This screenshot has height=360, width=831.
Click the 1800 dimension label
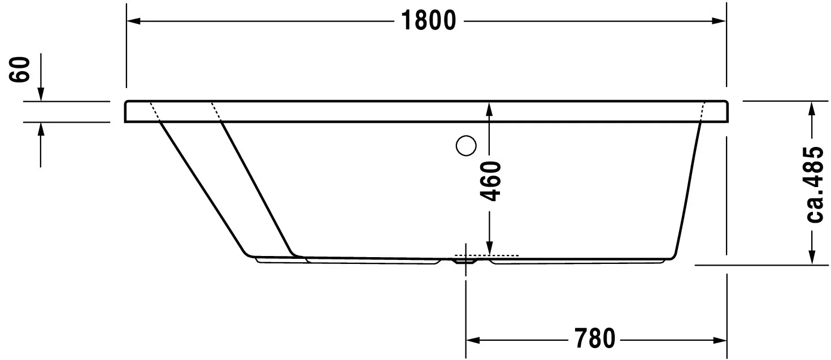coord(429,21)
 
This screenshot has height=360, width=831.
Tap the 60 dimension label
coord(21,69)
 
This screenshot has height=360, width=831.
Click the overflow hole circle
coord(466,146)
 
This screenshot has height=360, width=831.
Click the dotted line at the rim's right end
coord(703,112)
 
